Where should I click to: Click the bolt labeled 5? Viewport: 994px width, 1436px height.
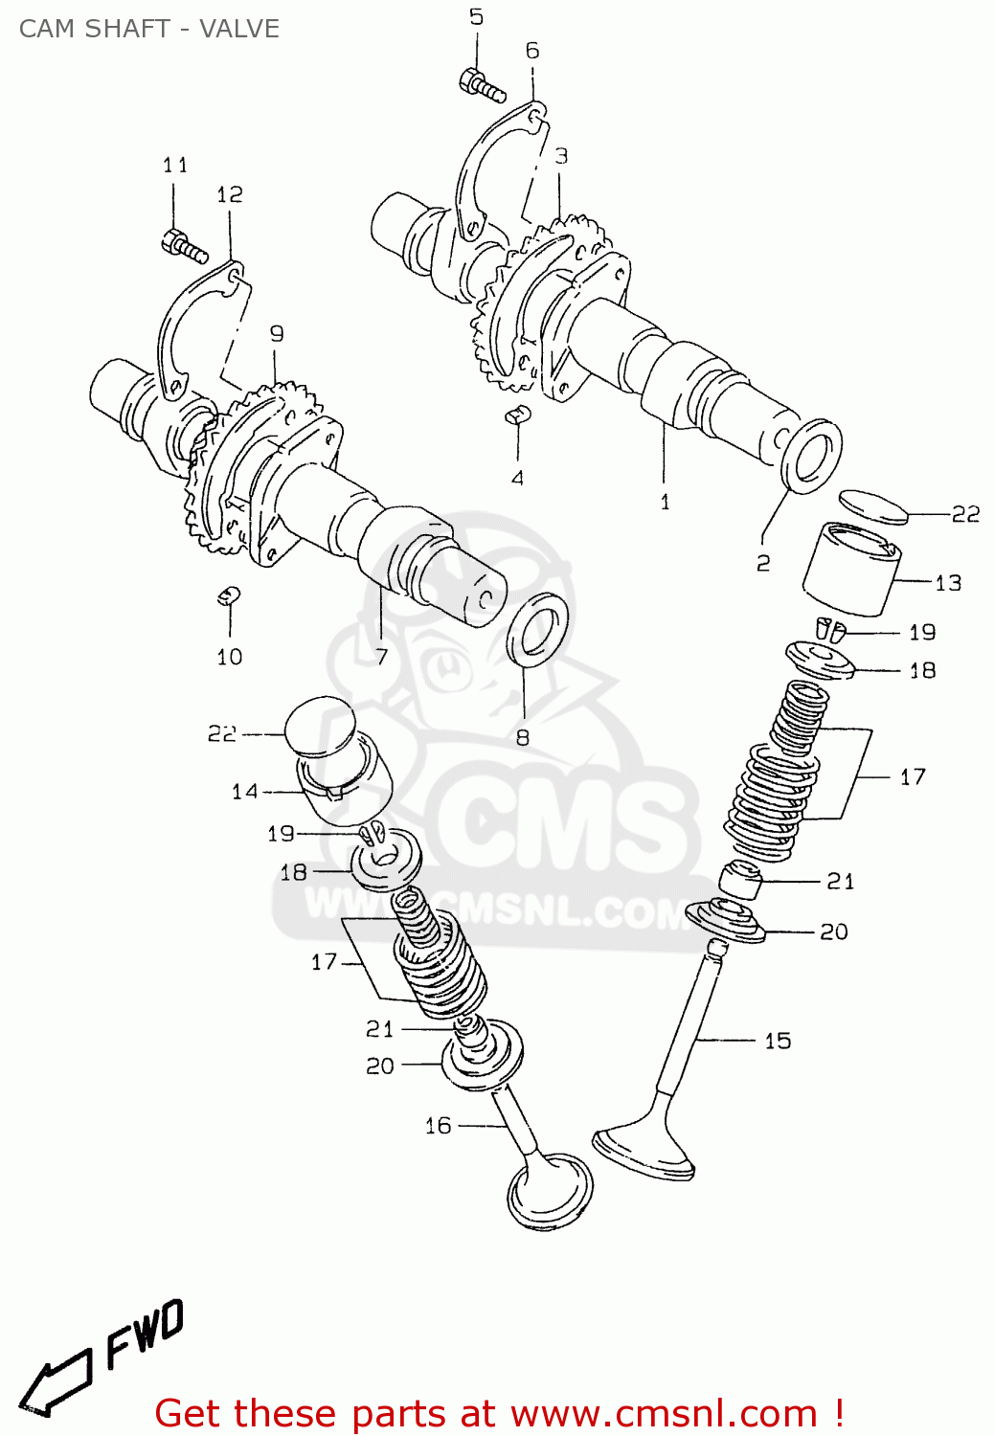483,85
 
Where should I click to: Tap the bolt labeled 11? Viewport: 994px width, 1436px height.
185,246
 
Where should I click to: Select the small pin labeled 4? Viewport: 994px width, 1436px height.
517,415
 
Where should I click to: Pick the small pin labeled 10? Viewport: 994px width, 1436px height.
228,595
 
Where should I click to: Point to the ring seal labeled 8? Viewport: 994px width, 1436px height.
536,629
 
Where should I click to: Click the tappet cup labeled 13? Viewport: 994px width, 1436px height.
850,570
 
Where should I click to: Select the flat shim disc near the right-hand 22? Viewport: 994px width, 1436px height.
872,505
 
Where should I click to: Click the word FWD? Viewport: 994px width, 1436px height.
144,1335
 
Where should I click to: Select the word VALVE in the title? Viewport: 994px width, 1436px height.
239,29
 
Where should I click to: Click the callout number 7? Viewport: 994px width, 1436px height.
381,657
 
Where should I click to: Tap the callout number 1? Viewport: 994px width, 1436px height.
665,502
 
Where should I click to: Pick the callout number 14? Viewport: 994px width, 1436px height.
245,792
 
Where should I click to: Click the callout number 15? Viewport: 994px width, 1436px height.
778,1041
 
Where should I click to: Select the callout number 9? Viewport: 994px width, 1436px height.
277,334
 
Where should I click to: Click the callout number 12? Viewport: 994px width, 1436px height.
230,195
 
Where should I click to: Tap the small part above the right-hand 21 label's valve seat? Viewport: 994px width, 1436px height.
741,880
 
